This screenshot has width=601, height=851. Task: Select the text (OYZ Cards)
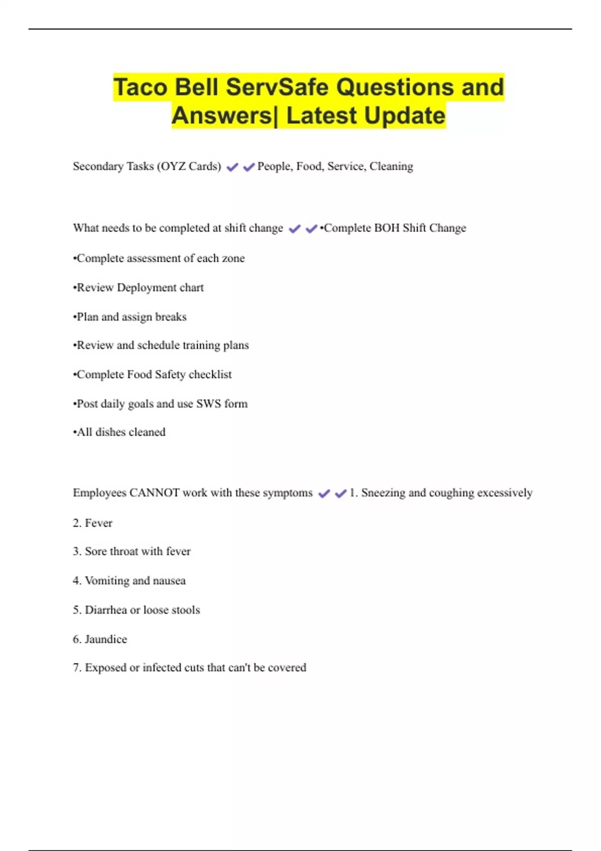pyautogui.click(x=189, y=166)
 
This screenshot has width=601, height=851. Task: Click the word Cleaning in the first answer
pyautogui.click(x=391, y=166)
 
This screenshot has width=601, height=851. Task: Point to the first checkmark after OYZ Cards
pyautogui.click(x=232, y=167)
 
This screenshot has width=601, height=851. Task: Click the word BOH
pyautogui.click(x=387, y=228)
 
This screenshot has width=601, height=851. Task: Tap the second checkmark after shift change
pyautogui.click(x=311, y=229)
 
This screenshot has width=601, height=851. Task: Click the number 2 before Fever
pyautogui.click(x=77, y=523)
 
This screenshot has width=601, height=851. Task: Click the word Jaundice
pyautogui.click(x=106, y=639)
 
